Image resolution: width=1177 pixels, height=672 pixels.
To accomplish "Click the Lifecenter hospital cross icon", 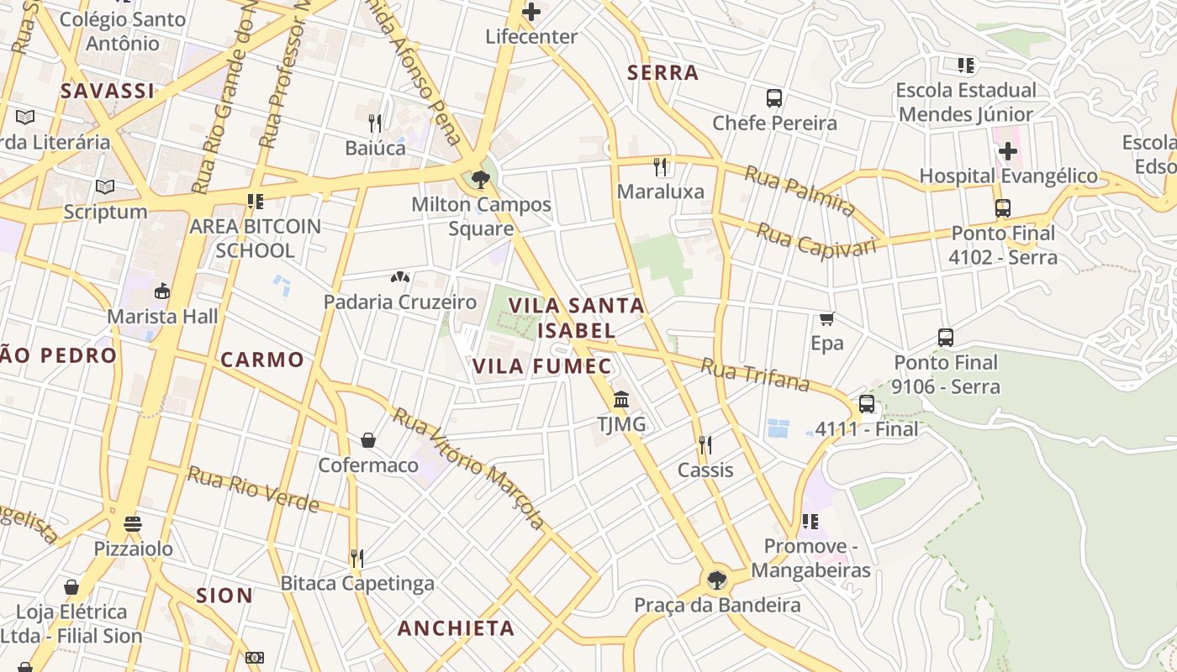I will (x=531, y=12).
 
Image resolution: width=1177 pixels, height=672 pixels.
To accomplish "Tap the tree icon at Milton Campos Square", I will (x=481, y=179).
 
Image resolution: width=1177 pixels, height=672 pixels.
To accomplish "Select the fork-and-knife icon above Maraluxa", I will (x=661, y=166).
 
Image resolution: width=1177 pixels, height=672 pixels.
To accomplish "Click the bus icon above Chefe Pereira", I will (x=774, y=98).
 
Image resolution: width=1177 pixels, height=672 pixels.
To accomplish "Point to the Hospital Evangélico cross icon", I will (x=1007, y=151).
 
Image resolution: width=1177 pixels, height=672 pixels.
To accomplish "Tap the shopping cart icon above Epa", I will (x=826, y=318).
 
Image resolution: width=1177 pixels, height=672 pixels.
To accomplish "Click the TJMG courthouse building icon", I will (x=621, y=399).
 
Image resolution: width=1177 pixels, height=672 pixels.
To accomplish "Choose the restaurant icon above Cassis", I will (x=705, y=445).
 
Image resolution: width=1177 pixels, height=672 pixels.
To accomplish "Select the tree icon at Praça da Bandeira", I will (x=716, y=580).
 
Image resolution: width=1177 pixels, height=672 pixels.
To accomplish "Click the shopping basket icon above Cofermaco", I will (x=368, y=440).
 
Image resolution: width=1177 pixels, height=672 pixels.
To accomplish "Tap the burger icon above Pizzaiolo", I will (x=133, y=524).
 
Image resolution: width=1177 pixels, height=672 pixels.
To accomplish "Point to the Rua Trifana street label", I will (x=754, y=375).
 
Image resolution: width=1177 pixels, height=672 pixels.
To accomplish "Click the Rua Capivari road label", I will (x=816, y=239).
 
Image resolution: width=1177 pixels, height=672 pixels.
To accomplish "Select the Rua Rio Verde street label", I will (x=253, y=489).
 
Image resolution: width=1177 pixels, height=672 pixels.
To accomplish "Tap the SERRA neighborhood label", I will (x=663, y=73).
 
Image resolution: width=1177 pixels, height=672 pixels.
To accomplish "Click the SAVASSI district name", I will (x=108, y=91).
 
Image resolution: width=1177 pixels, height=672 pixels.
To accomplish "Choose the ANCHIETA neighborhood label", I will (x=456, y=628).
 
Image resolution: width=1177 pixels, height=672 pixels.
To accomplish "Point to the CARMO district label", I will (x=262, y=360).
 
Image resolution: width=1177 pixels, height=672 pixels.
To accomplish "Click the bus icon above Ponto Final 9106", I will (x=946, y=338).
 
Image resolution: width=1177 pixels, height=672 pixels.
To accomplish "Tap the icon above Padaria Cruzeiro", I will (x=400, y=276).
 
